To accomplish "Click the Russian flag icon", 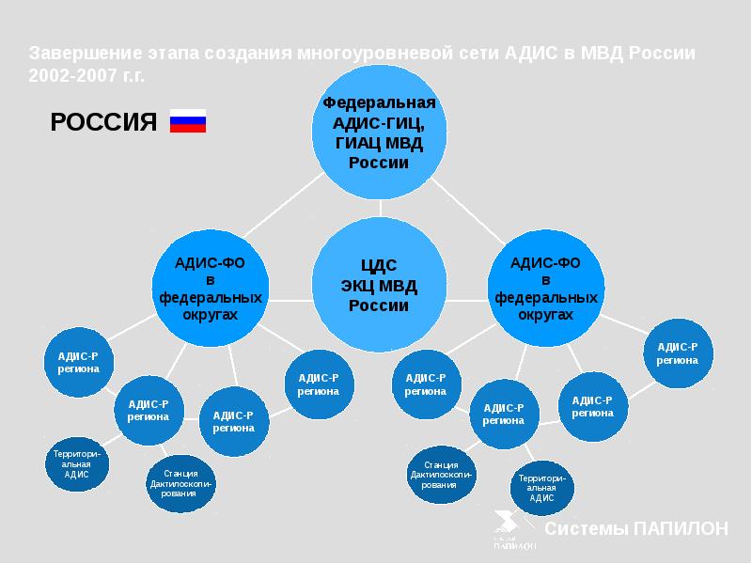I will tap(187, 121).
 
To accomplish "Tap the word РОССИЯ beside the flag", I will tap(103, 121).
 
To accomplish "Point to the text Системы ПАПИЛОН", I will tap(636, 528).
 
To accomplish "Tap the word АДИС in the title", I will tap(531, 53).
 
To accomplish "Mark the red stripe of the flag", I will tap(187, 129).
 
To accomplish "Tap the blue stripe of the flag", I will tap(187, 121).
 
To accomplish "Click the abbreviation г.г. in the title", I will tap(132, 76).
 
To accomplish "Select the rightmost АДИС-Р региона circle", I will tap(677, 353).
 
